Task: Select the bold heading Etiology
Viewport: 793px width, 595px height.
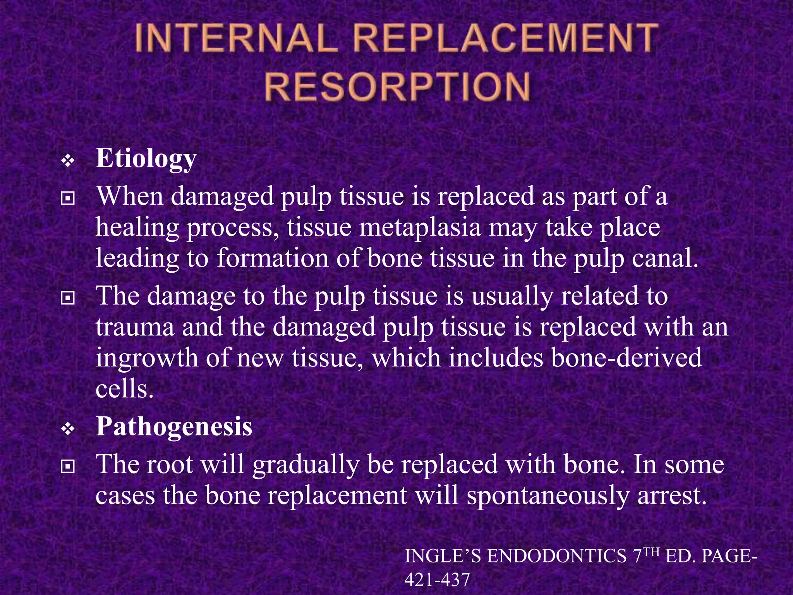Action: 146,159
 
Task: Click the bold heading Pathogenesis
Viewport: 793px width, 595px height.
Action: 174,426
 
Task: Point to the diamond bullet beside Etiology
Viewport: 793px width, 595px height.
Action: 68,161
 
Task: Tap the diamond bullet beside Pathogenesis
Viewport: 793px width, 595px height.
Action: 68,429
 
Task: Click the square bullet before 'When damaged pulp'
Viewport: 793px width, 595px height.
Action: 68,199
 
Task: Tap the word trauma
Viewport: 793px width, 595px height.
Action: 135,327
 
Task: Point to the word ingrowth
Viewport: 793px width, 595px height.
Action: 147,358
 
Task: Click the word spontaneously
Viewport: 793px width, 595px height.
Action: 548,496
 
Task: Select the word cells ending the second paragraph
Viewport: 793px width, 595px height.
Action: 124,389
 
